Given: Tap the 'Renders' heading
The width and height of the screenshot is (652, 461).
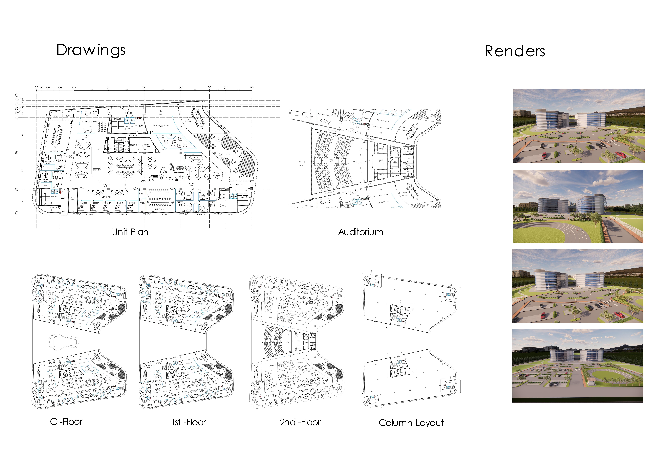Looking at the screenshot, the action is tap(515, 51).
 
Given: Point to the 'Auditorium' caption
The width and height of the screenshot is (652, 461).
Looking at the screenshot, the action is tap(360, 232).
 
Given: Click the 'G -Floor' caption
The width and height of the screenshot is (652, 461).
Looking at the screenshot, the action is tap(66, 422).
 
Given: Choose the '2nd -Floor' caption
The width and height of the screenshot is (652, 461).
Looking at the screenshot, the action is tap(300, 422).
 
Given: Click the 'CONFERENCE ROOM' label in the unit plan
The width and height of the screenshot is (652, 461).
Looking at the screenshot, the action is tap(56, 151).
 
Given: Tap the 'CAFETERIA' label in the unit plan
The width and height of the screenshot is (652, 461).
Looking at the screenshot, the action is tap(172, 146).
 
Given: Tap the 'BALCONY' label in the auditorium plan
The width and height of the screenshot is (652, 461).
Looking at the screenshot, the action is tap(301, 166).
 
